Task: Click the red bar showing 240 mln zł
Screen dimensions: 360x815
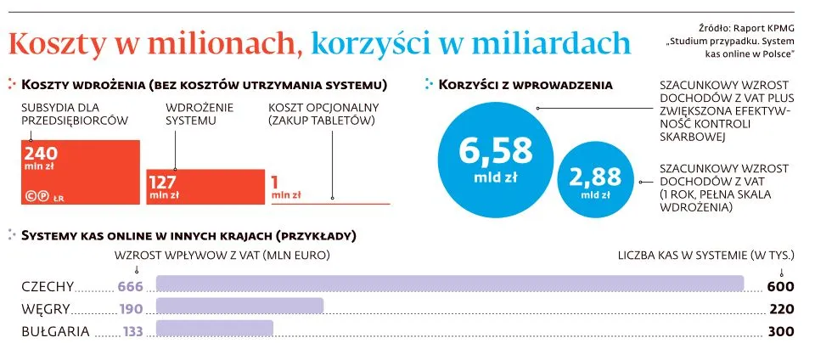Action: (x=81, y=172)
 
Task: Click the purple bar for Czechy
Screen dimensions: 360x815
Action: (x=450, y=285)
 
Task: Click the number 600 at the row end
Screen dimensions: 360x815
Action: (x=779, y=286)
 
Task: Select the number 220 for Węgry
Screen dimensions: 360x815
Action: (x=779, y=309)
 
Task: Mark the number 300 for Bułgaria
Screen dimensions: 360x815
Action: (x=779, y=332)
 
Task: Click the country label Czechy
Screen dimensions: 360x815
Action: (x=48, y=286)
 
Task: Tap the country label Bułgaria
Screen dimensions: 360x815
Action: (x=55, y=332)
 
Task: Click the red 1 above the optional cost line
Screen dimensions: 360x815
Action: (x=275, y=181)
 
